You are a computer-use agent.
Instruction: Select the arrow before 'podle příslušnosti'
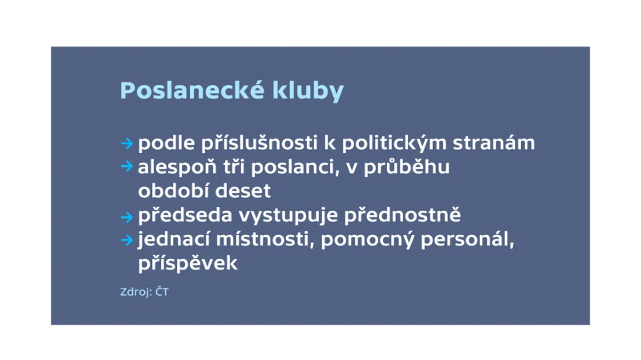pyautogui.click(x=126, y=144)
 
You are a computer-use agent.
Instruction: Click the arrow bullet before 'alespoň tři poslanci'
pyautogui.click(x=126, y=167)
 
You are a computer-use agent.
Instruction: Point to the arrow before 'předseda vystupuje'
pyautogui.click(x=126, y=216)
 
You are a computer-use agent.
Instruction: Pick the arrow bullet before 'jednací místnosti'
pyautogui.click(x=126, y=240)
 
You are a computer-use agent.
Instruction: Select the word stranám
pyautogui.click(x=498, y=144)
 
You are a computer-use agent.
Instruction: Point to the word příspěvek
pyautogui.click(x=188, y=264)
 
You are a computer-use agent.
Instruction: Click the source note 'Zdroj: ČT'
pyautogui.click(x=144, y=293)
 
